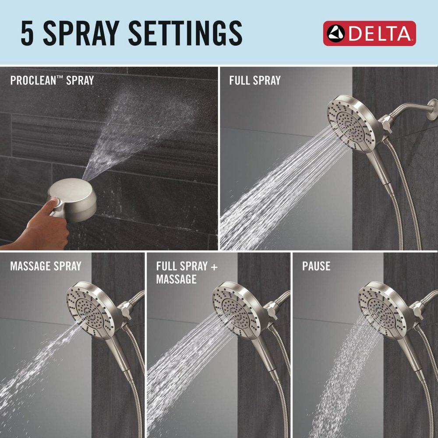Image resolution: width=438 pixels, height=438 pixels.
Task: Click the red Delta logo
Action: coord(369,33)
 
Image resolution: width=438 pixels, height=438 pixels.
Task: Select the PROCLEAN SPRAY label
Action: coord(52,81)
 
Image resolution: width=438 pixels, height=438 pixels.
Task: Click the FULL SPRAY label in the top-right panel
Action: coord(254,80)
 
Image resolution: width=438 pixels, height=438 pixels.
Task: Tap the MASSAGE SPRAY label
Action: coord(46,266)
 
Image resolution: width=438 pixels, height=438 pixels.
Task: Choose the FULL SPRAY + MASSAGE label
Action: coord(187,272)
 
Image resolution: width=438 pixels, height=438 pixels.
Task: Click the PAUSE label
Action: coord(316,266)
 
